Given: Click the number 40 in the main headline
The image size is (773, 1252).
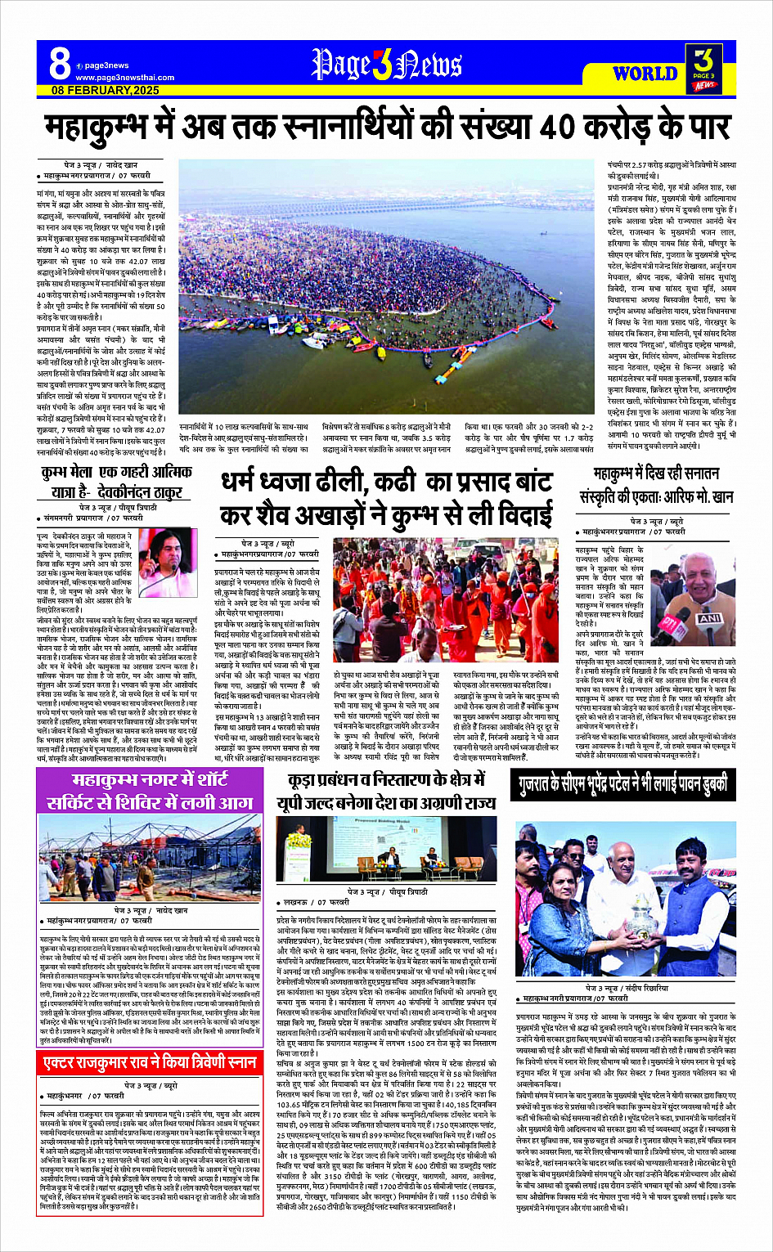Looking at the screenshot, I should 557,127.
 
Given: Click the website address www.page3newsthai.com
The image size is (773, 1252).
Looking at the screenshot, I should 117,77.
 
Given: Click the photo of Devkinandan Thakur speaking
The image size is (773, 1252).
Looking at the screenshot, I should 168,564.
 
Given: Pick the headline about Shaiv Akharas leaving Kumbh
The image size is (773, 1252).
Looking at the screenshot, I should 385,499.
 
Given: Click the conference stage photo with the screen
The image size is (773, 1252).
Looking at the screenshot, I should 385,850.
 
